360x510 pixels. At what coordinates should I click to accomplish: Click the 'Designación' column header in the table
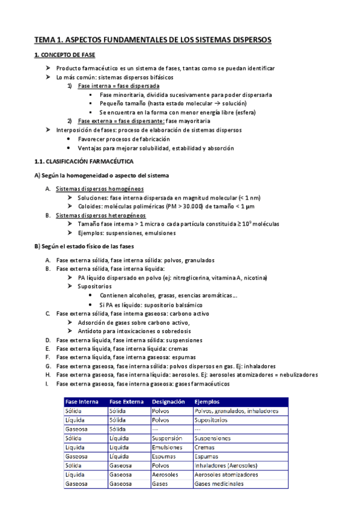click(168, 402)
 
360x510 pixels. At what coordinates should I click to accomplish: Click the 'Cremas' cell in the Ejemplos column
click(205, 447)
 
